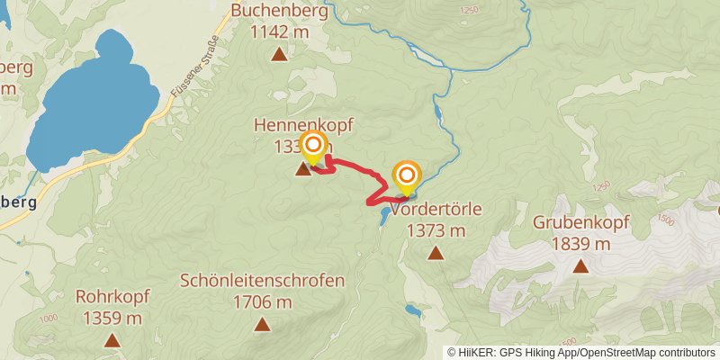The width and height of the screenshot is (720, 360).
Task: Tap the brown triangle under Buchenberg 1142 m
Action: point(280,56)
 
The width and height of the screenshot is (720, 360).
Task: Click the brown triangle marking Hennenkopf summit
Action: point(302,168)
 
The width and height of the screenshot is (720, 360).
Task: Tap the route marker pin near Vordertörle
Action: point(407,175)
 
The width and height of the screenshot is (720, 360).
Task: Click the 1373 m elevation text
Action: point(436,230)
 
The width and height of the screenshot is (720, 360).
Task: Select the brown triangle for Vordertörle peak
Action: point(436,253)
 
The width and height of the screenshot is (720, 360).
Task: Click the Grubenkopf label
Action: point(580,222)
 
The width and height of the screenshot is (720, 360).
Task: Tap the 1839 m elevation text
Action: point(580,243)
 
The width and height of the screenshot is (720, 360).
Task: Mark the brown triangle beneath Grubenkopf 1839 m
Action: point(580,265)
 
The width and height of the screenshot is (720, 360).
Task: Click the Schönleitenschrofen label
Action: point(262,281)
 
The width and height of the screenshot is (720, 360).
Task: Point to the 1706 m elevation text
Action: point(262,302)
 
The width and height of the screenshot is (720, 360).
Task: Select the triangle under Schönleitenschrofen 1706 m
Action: point(262,325)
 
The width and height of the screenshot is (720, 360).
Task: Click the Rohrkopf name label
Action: point(112,296)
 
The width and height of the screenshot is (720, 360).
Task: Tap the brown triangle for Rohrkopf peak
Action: point(112,340)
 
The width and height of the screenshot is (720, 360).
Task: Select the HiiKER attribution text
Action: point(580,352)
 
